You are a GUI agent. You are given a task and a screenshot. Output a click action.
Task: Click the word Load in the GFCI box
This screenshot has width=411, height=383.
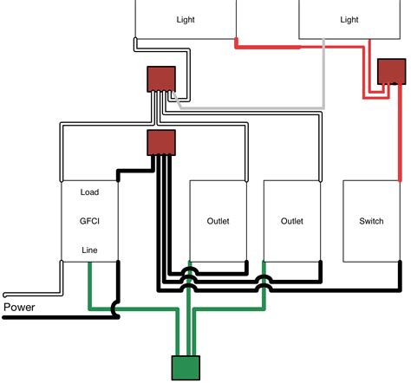tap(90, 192)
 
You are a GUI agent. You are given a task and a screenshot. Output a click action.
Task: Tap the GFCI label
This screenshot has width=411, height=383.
tap(90, 222)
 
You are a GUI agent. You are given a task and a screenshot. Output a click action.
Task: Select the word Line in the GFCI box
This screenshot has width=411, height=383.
tap(90, 250)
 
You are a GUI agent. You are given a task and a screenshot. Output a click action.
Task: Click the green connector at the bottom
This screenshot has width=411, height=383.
tap(186, 367)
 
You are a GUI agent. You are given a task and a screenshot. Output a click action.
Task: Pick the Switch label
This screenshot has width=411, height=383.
tap(371, 222)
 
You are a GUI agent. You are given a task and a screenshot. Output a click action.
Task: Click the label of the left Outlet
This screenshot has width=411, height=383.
tap(219, 222)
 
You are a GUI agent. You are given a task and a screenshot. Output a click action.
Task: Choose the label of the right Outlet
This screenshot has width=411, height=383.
tap(292, 222)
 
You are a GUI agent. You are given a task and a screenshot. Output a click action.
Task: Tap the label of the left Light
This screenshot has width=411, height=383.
tap(186, 19)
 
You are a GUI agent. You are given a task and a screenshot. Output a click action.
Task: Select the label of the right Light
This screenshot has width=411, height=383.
tap(349, 19)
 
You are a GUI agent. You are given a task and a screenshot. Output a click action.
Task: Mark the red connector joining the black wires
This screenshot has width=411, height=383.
tap(161, 141)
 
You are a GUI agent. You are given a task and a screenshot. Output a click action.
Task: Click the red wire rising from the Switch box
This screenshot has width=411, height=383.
tap(399, 139)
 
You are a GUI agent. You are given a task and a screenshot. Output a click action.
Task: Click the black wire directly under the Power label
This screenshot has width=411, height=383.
tap(52, 317)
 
